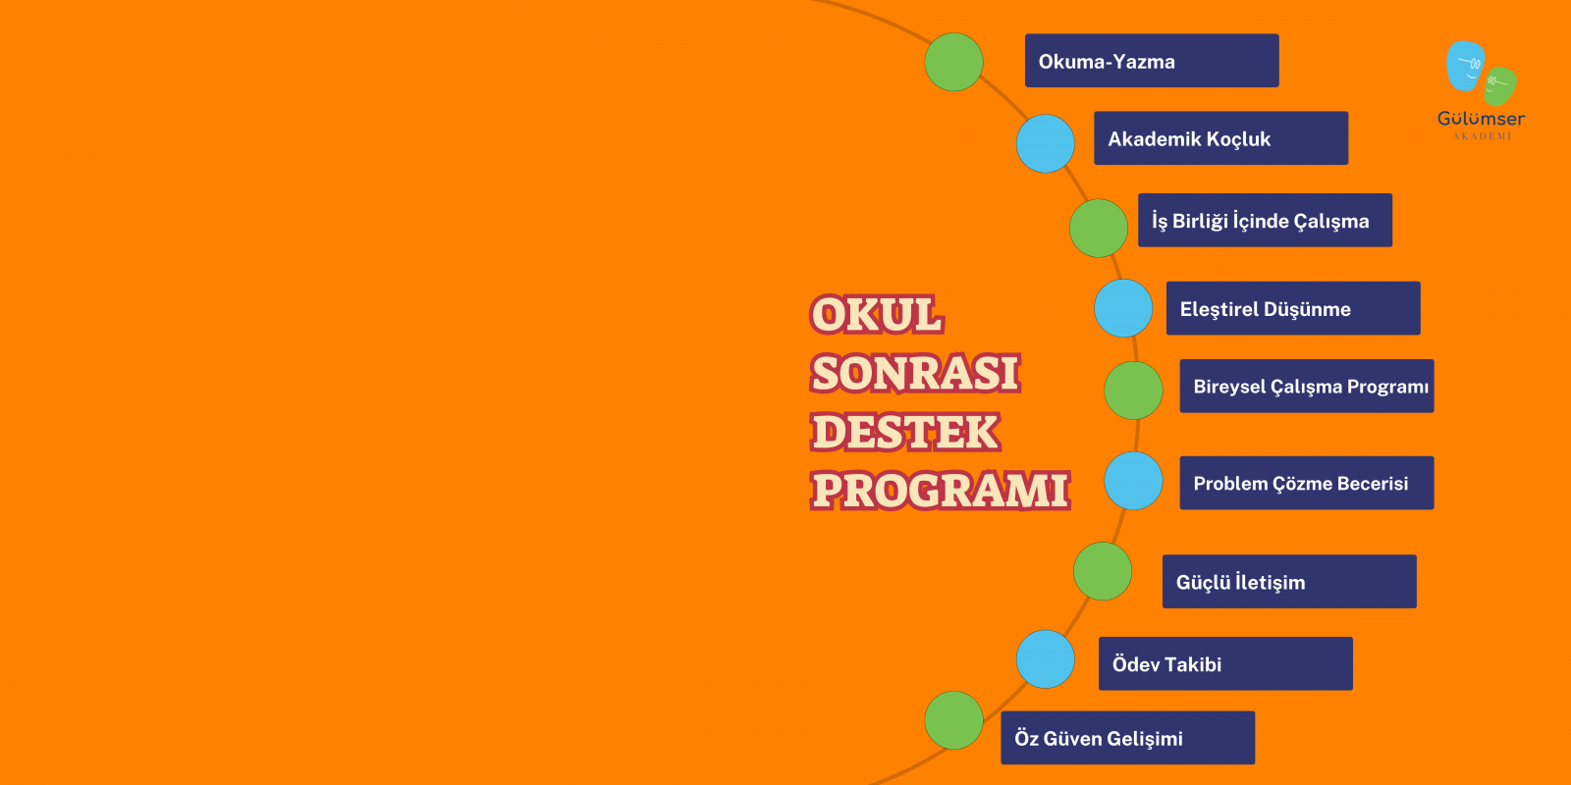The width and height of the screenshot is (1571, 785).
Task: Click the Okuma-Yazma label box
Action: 1152,60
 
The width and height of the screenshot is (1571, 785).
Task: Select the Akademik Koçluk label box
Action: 1221,138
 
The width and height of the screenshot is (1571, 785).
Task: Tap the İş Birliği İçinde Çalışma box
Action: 1266,220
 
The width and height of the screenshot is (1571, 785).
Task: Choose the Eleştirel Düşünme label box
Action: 1293,308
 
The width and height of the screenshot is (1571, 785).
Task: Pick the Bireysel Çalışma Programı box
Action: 1307,387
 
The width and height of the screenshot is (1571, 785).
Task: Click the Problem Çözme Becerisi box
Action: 1307,483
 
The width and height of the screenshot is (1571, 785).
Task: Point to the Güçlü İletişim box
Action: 1289,582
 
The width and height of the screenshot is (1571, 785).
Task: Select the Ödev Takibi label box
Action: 1225,663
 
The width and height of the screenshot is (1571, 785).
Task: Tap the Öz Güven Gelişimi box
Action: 1128,738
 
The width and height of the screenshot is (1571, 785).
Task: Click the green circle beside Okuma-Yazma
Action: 953,62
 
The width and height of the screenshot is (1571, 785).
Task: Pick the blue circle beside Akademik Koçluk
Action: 1046,143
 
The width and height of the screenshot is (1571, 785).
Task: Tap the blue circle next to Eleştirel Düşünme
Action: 1123,308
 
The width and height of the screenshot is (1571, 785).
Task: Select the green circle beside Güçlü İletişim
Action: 1103,571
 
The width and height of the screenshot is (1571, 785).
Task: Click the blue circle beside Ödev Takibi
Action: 1046,659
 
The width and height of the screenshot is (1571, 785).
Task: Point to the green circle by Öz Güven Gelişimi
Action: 953,720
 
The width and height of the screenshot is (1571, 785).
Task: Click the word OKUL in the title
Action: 877,314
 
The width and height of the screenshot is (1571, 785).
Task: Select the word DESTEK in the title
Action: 905,432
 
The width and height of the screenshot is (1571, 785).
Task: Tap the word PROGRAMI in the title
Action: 941,490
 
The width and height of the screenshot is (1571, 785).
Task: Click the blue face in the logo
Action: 1465,66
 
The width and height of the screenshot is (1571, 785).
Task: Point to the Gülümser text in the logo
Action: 1482,119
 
